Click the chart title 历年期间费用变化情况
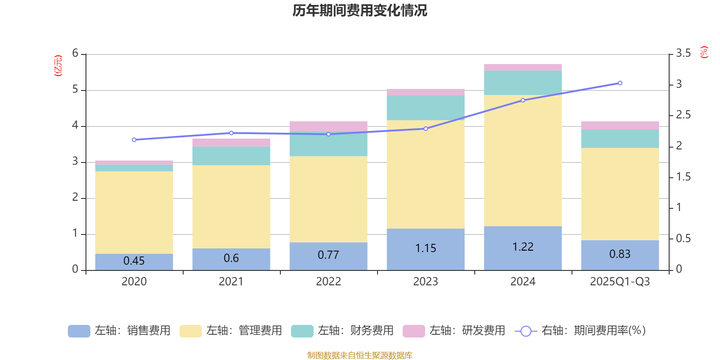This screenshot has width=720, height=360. [360, 10]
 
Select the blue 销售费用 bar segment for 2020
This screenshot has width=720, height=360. [134, 262]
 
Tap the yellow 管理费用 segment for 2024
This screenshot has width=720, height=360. [523, 161]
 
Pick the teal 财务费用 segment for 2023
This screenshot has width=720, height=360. [426, 108]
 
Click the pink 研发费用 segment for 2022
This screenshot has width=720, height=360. [328, 126]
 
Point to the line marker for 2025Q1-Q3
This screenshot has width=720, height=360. [620, 83]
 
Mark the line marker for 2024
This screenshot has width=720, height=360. [523, 100]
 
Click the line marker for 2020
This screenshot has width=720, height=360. [134, 140]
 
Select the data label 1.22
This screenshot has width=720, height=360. [523, 247]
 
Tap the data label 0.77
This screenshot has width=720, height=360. [328, 255]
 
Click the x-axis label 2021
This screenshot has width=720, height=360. [231, 282]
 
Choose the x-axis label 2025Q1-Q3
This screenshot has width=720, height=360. [620, 282]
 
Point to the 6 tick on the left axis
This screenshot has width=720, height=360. [75, 54]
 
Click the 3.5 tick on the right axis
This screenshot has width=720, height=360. [683, 54]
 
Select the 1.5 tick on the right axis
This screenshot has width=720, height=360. [683, 177]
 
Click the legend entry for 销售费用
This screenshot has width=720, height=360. [119, 331]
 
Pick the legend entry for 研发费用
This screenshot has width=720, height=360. [454, 331]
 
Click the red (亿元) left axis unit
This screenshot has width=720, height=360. [58, 66]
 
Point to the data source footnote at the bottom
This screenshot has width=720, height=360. [360, 355]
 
